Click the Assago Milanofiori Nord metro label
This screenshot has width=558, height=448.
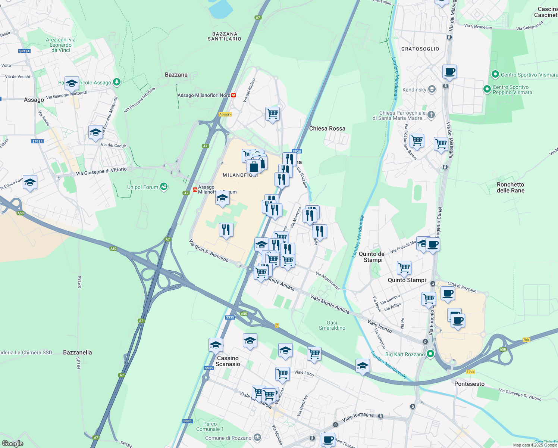pyautogui.click(x=204, y=95)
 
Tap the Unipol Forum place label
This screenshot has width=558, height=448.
pyautogui.click(x=143, y=187)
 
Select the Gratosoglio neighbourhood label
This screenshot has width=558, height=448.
pyautogui.click(x=420, y=49)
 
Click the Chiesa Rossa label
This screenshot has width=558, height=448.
pyautogui.click(x=327, y=128)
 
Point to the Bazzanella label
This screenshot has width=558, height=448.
pyautogui.click(x=77, y=352)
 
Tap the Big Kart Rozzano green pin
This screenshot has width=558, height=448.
pyautogui.click(x=430, y=354)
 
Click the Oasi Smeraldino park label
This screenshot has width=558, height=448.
pyautogui.click(x=332, y=325)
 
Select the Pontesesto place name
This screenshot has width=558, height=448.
pyautogui.click(x=469, y=384)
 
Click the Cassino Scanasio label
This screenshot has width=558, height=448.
pyautogui.click(x=228, y=361)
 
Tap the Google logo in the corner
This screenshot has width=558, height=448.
pyautogui.click(x=13, y=443)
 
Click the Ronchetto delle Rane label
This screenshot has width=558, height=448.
pyautogui.click(x=510, y=187)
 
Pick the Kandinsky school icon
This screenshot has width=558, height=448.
pyautogui.click(x=432, y=89)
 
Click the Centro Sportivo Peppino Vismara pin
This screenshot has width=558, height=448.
pyautogui.click(x=487, y=89)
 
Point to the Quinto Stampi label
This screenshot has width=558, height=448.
pyautogui.click(x=407, y=280)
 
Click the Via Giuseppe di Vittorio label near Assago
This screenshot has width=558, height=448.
pyautogui.click(x=101, y=171)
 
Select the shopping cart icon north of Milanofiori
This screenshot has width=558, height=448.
pyautogui.click(x=272, y=113)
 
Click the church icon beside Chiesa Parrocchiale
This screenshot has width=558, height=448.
pyautogui.click(x=431, y=115)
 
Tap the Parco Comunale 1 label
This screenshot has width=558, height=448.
pyautogui.click(x=210, y=426)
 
